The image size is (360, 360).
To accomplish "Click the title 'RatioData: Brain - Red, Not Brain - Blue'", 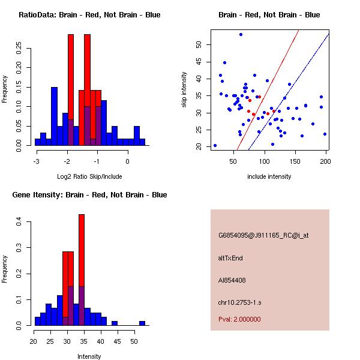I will pyautogui.click(x=89, y=15).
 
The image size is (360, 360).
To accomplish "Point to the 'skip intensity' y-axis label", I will pyautogui.click(x=184, y=89).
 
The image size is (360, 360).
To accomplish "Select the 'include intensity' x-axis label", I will pyautogui.click(x=269, y=176).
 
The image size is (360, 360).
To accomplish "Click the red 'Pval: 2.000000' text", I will pyautogui.click(x=239, y=319).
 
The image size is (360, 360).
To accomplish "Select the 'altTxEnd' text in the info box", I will pyautogui.click(x=231, y=258).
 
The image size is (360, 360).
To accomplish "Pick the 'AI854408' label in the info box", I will pyautogui.click(x=232, y=280).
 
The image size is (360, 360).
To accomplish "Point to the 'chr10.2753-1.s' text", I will pyautogui.click(x=238, y=302).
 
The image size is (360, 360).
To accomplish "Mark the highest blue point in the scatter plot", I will pyautogui.click(x=241, y=34).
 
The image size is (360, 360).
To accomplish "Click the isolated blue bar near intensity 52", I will pyautogui.click(x=142, y=323).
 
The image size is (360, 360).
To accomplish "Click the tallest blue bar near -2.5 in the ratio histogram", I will pyautogui.click(x=54, y=114).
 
